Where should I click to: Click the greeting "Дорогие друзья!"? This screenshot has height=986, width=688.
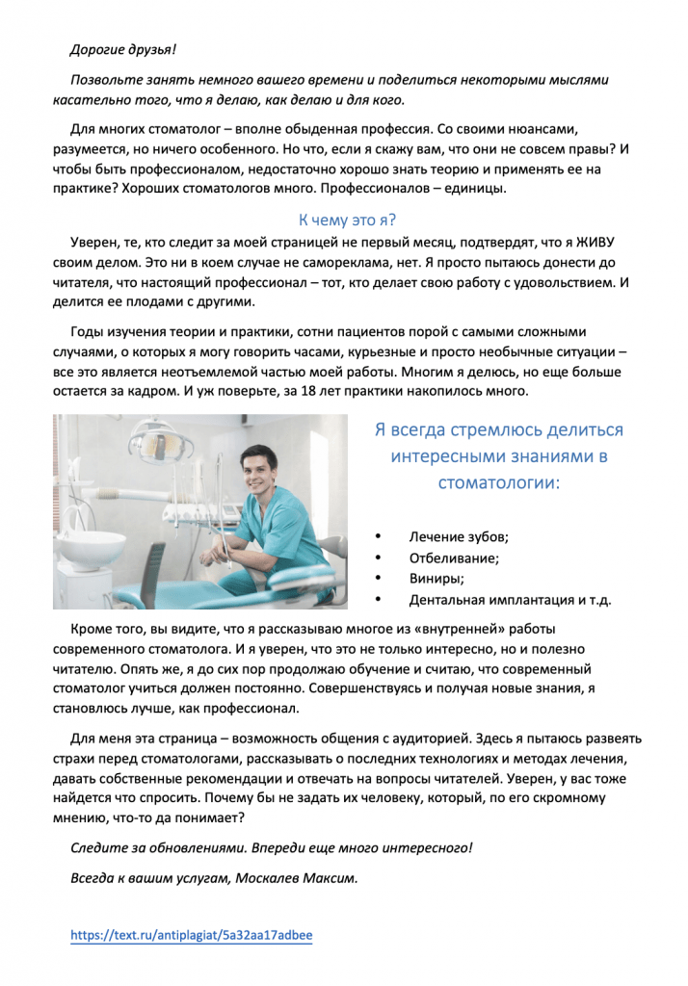(x=123, y=48)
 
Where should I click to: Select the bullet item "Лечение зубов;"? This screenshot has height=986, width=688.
(x=458, y=536)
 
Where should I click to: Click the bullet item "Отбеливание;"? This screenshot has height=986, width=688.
(x=454, y=558)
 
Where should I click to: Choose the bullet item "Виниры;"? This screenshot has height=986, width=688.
(x=437, y=579)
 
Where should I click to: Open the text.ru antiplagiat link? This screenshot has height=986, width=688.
(x=192, y=934)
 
